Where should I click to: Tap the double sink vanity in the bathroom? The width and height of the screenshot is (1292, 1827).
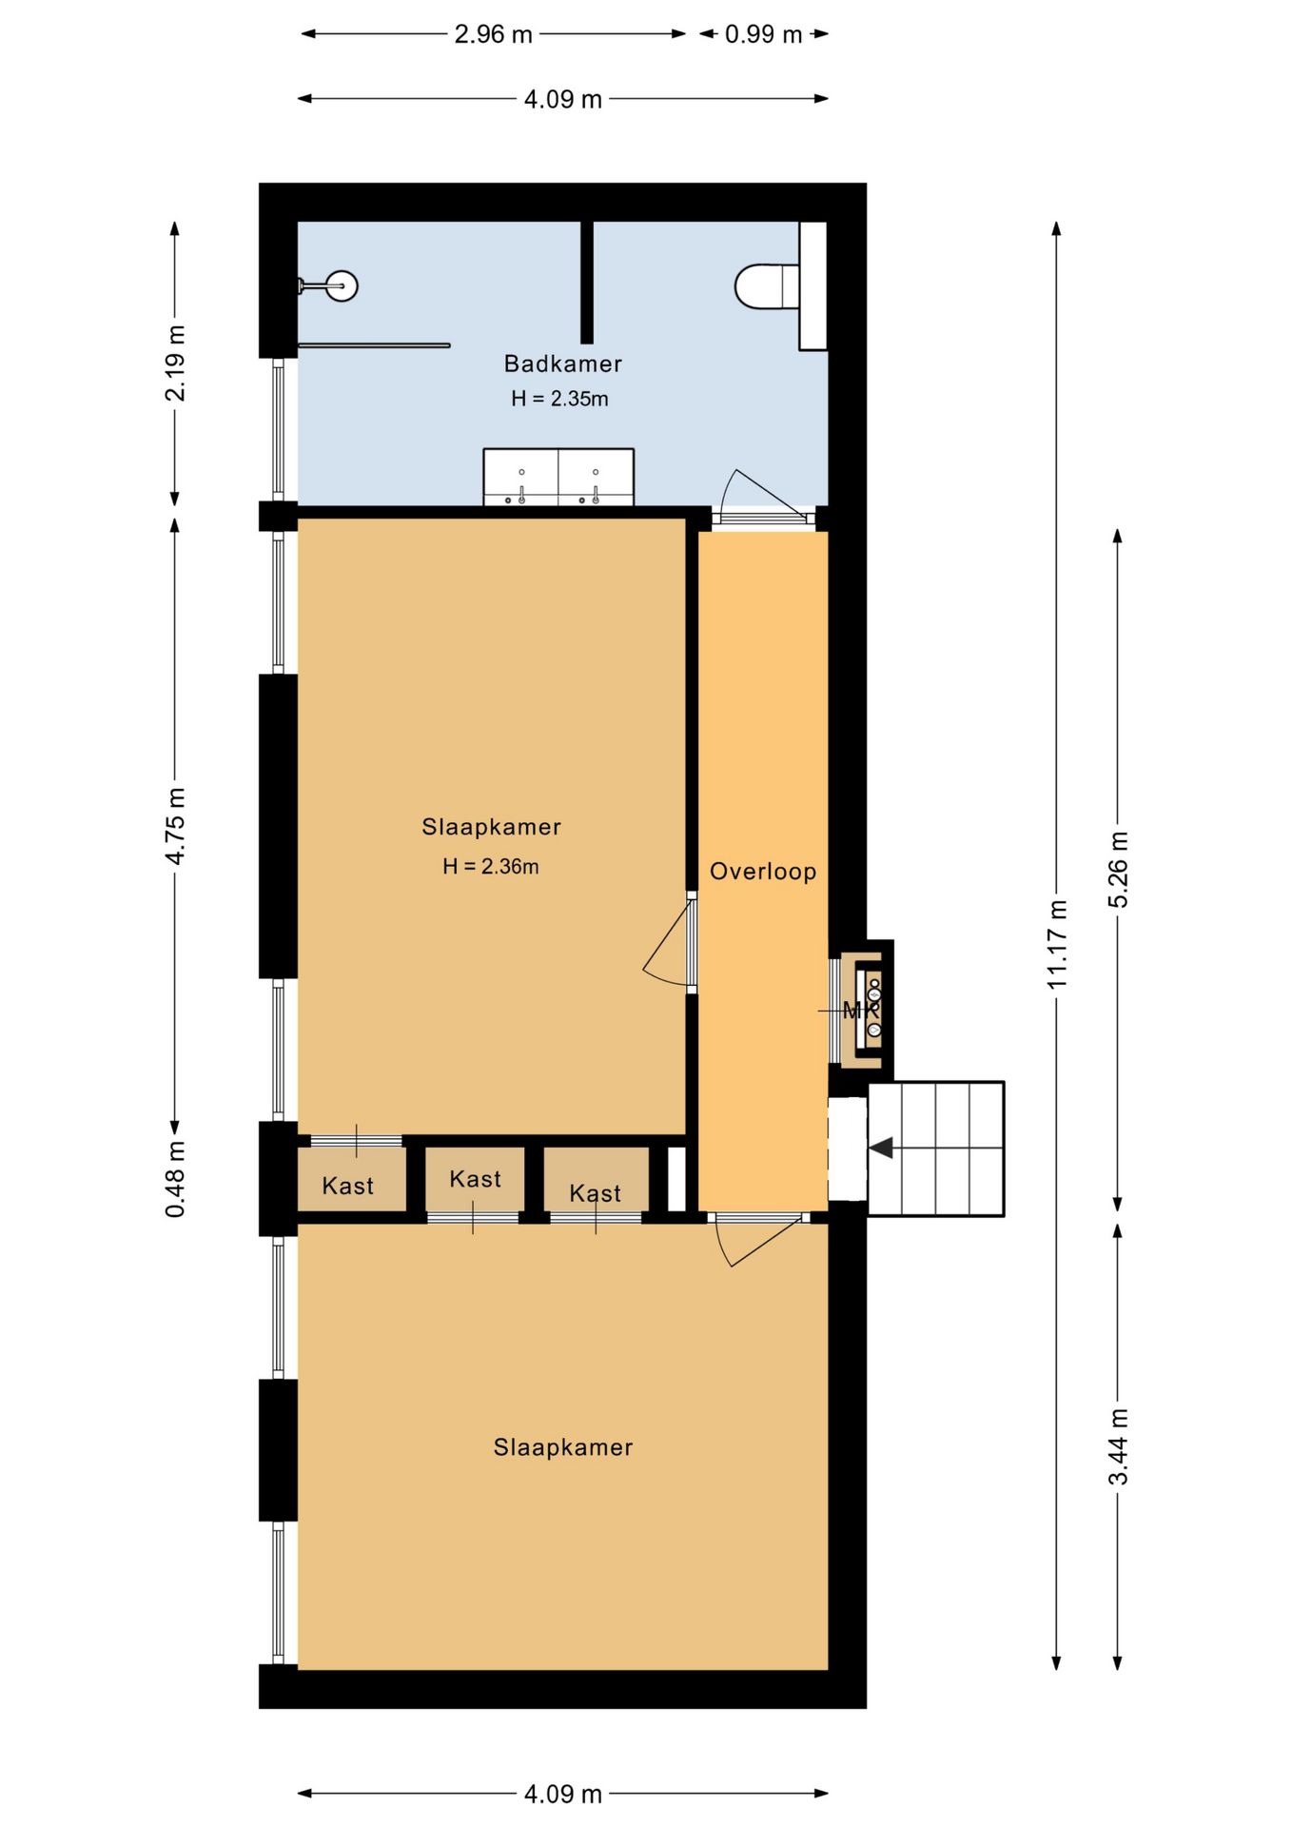coord(558,477)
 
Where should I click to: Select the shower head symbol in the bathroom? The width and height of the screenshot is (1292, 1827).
coord(341,285)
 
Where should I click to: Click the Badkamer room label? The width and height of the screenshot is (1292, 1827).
coord(562,363)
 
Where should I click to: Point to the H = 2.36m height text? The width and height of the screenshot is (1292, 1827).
coord(490,866)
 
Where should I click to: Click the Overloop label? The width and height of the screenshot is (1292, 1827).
coord(763,872)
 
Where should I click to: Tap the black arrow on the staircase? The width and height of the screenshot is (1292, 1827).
coord(881,1148)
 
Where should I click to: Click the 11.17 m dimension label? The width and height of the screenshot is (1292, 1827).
coord(1057,944)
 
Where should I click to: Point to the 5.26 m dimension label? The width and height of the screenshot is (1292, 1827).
coord(1118,869)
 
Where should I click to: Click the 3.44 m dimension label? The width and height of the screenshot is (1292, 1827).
coord(1118,1446)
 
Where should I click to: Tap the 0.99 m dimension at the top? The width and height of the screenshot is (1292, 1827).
coord(763,34)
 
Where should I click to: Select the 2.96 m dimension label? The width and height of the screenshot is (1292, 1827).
coord(493,34)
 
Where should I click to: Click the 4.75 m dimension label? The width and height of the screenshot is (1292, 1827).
coord(175,825)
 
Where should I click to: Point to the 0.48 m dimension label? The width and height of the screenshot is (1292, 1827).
coord(175,1179)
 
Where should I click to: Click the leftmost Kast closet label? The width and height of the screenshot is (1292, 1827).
coord(347,1186)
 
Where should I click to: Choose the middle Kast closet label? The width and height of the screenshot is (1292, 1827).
coord(475,1179)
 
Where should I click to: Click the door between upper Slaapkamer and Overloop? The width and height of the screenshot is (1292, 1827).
coord(669,945)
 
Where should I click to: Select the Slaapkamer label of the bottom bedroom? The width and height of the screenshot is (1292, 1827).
coord(562,1447)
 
